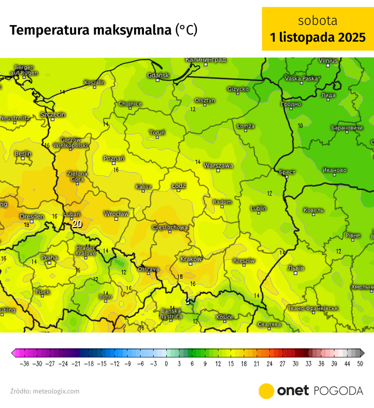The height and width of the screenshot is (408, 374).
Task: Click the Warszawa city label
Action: pyautogui.click(x=218, y=166)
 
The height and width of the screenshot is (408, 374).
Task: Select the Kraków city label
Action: pyautogui.click(x=191, y=259)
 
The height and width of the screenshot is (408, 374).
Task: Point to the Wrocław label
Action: pyautogui.click(x=116, y=214)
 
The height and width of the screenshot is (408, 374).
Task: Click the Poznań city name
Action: pyautogui.click(x=114, y=159)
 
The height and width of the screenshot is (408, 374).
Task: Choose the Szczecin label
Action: pyautogui.click(x=53, y=115)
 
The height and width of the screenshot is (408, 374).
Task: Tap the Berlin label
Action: pyautogui.click(x=23, y=154)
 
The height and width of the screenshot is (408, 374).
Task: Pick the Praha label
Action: pyautogui.click(x=49, y=258)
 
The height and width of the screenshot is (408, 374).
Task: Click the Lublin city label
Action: pyautogui.click(x=258, y=208)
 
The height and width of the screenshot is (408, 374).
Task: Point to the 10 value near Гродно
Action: pyautogui.click(x=300, y=126)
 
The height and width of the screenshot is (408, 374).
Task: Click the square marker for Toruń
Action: pyautogui.click(x=157, y=137)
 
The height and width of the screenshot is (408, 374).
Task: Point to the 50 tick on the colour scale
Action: pyautogui.click(x=360, y=364)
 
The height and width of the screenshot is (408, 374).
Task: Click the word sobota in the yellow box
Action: pyautogui.click(x=318, y=21)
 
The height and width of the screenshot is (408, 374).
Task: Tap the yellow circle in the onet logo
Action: pyautogui.click(x=266, y=391)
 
